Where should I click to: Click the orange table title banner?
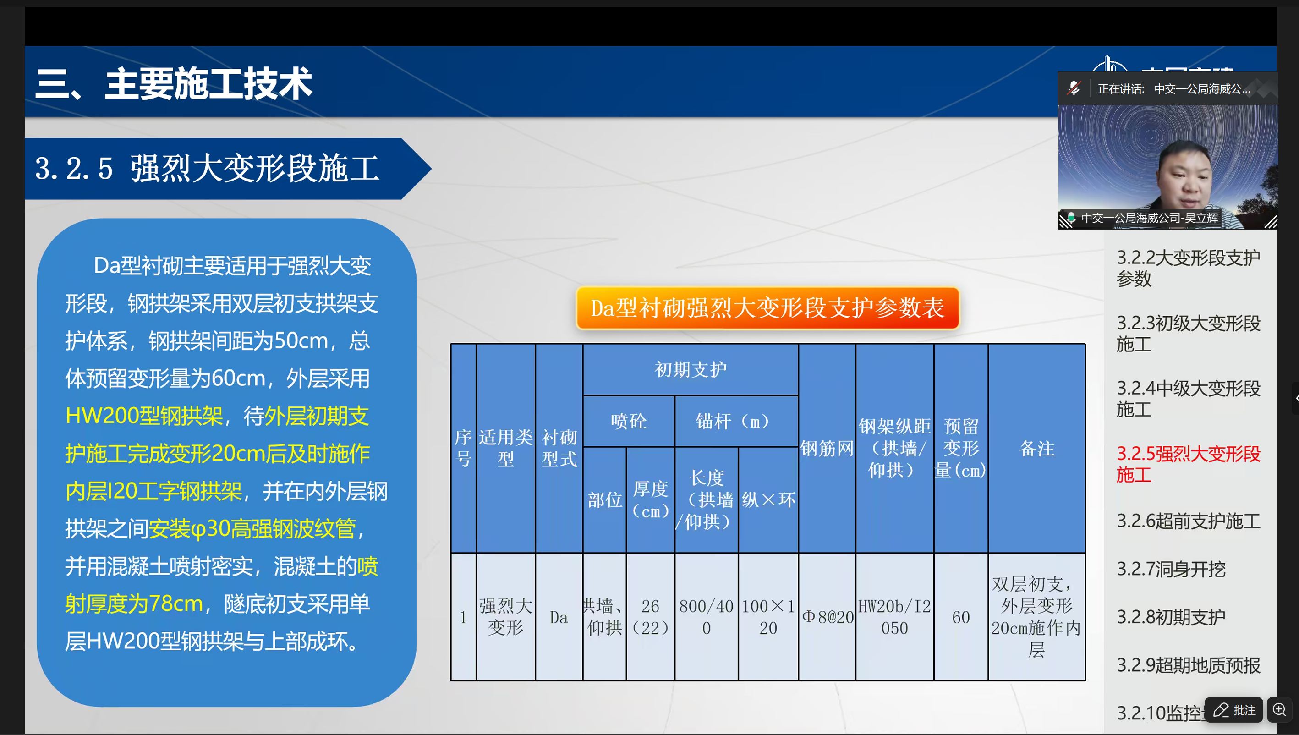(x=767, y=308)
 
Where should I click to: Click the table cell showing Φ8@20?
(x=827, y=617)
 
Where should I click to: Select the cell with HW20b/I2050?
(x=894, y=617)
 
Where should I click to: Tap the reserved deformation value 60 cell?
(x=961, y=617)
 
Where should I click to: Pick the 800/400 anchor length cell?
(x=706, y=617)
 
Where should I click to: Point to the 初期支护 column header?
(x=691, y=369)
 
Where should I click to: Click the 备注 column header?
(x=1036, y=448)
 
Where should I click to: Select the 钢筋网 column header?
(x=827, y=448)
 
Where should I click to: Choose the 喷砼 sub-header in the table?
(x=628, y=421)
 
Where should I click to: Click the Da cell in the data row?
(x=559, y=617)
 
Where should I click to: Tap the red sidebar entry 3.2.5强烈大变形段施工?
(x=1188, y=464)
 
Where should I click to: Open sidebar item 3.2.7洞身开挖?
(x=1171, y=569)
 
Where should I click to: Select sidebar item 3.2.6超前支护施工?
(x=1188, y=521)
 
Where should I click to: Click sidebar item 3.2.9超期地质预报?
(x=1188, y=665)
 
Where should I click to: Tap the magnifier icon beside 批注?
(x=1279, y=709)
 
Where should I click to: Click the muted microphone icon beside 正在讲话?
(x=1074, y=88)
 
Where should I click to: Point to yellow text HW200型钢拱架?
(x=144, y=416)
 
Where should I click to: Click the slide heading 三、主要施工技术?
(x=174, y=84)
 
